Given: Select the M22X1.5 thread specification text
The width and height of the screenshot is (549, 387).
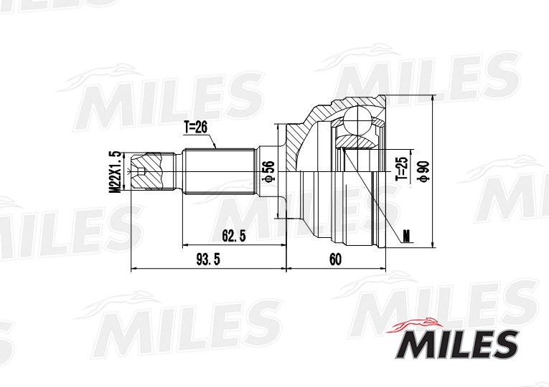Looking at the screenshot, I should (x=113, y=171).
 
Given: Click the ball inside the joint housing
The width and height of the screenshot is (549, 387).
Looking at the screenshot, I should (x=359, y=123).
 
